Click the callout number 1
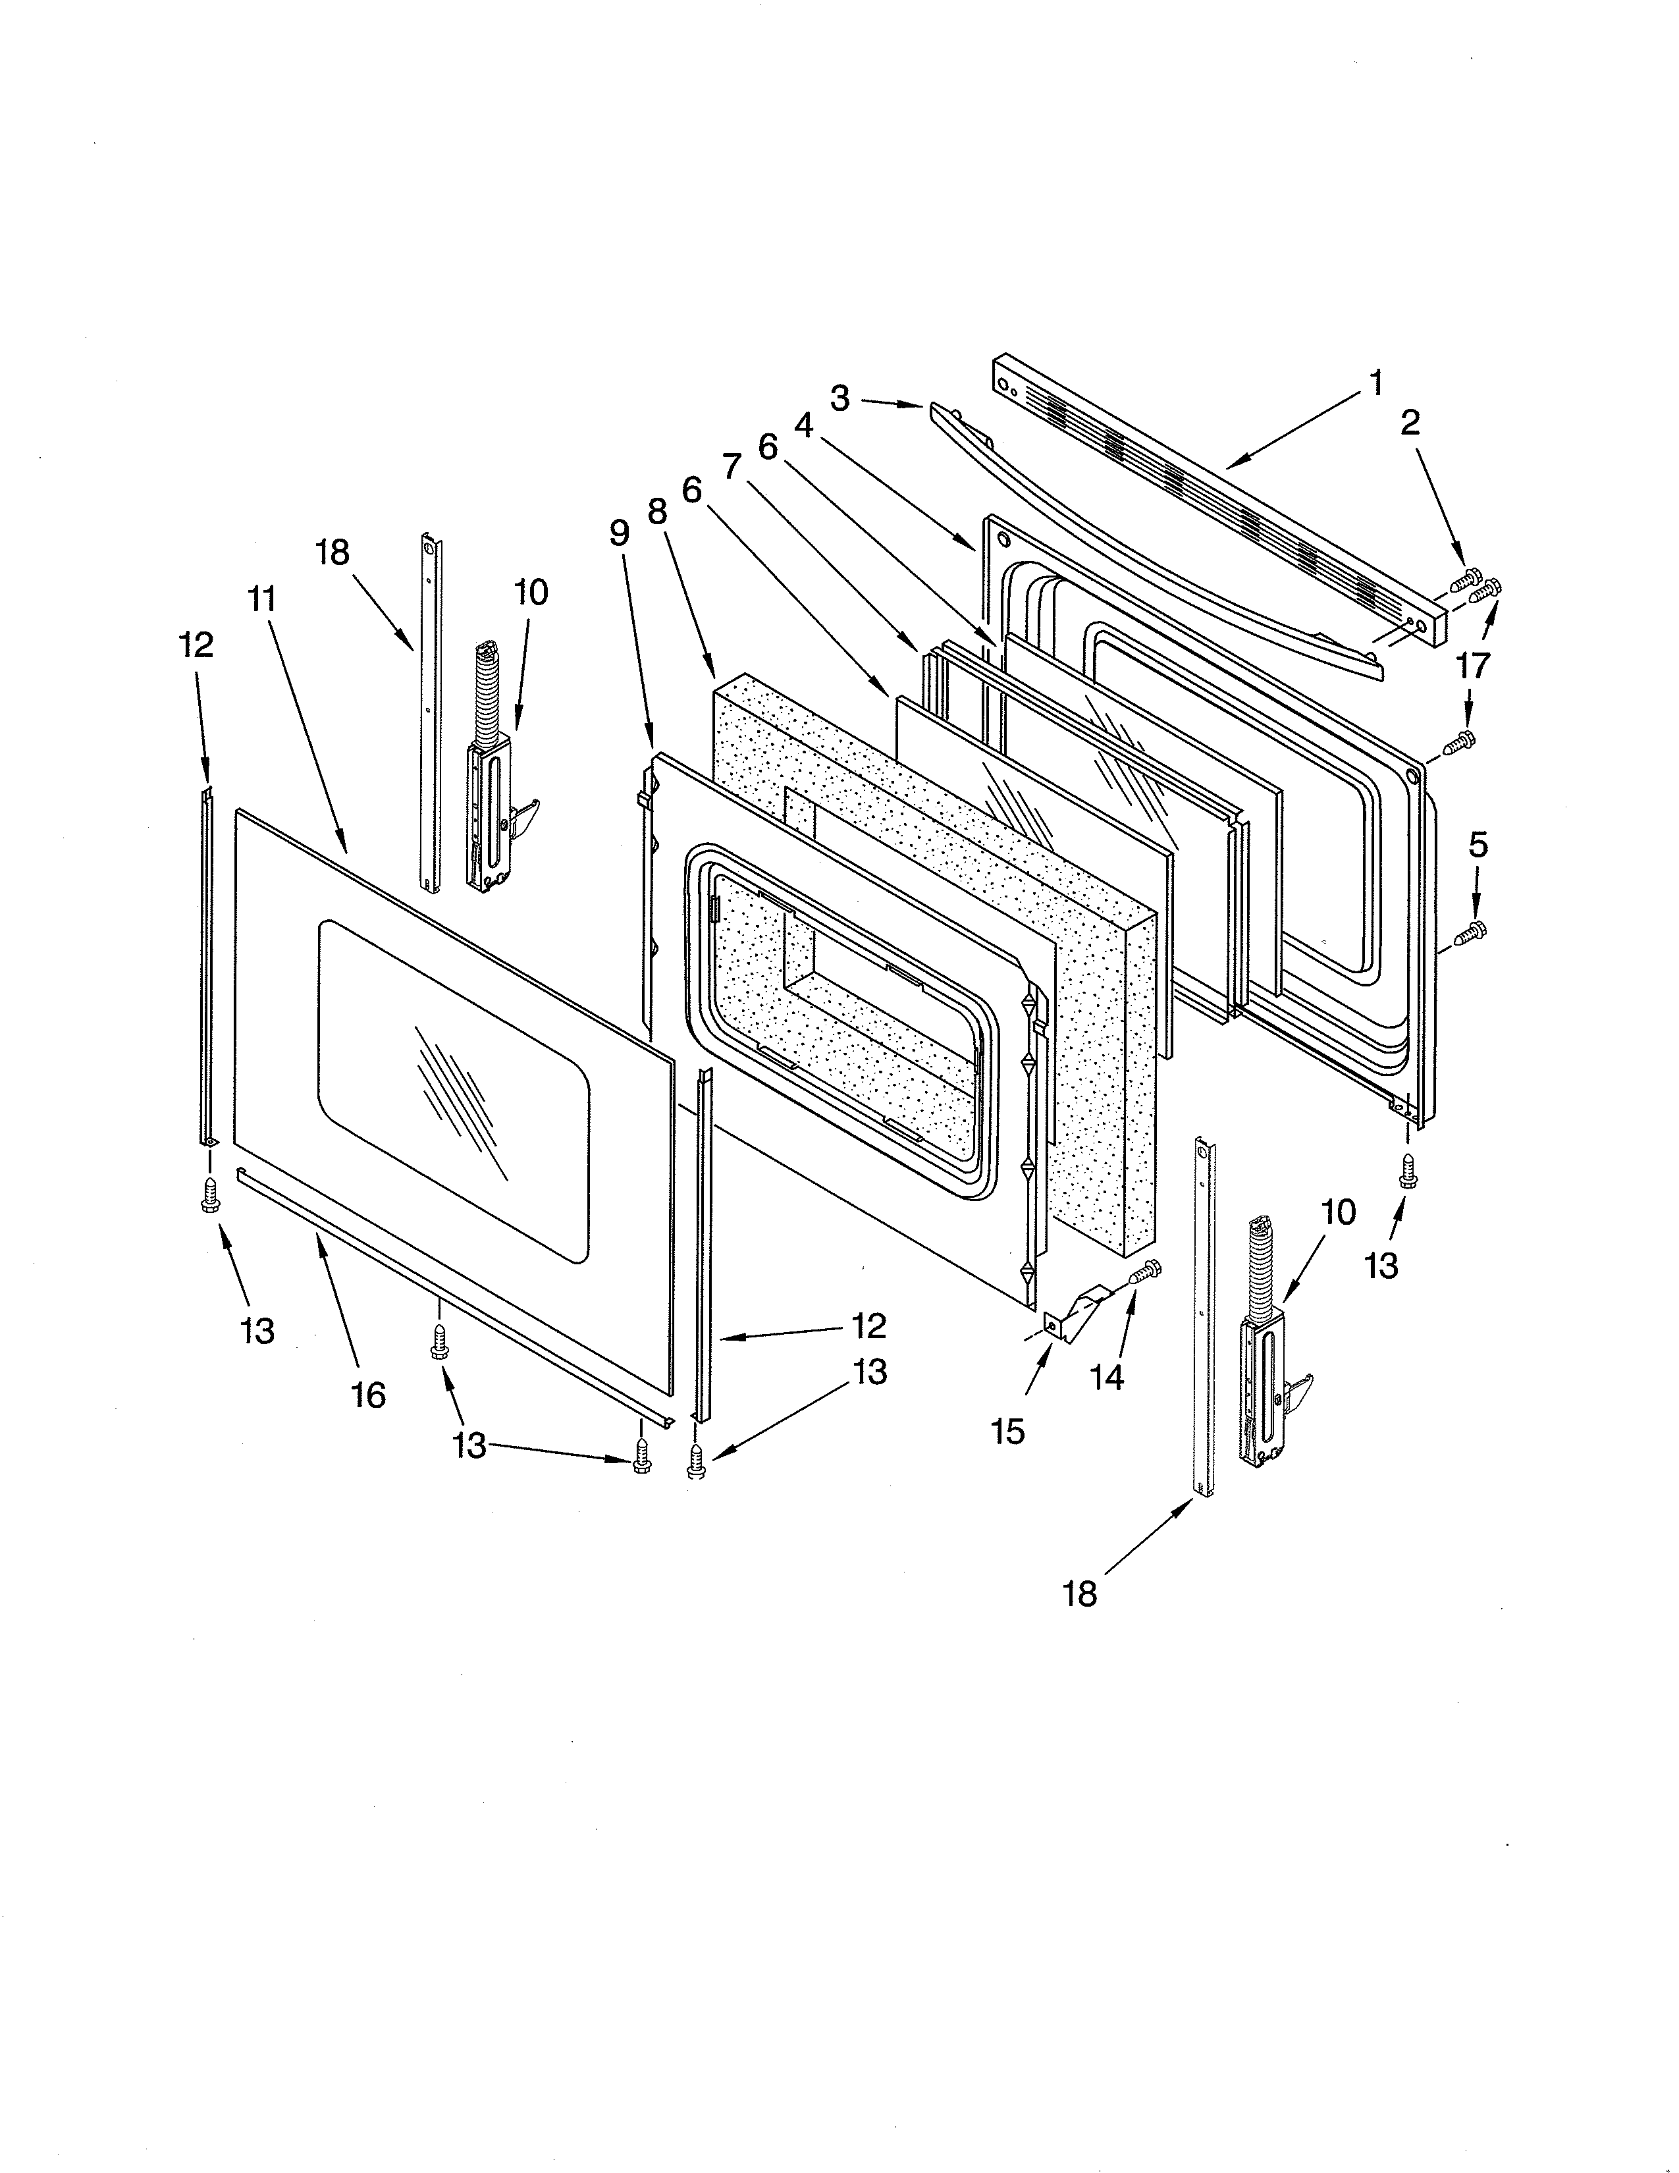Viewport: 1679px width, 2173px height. click(x=1375, y=383)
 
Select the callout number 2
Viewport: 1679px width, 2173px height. click(x=1410, y=424)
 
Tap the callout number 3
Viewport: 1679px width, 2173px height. click(x=841, y=400)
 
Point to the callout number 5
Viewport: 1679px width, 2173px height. click(x=1478, y=845)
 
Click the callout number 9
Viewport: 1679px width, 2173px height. click(x=620, y=533)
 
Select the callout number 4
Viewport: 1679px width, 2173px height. click(x=804, y=426)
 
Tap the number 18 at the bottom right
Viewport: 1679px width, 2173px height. click(x=1079, y=1594)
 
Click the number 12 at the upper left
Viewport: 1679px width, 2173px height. click(x=196, y=646)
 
